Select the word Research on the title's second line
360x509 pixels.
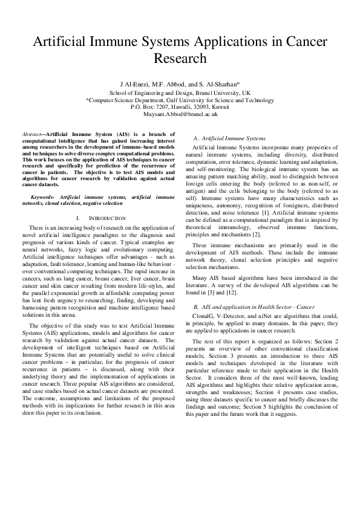pos(180,59)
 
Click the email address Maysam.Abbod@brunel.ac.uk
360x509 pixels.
pos(180,114)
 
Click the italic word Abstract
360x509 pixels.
pos(30,132)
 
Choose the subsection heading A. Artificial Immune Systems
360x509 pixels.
pos(229,138)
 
